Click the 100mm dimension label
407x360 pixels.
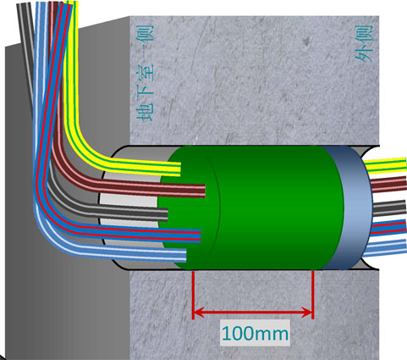coord(255,334)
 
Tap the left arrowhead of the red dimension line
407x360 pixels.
coord(199,312)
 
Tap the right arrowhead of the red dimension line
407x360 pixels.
coord(306,312)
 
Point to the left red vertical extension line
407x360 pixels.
coord(193,295)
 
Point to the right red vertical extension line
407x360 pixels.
coord(313,295)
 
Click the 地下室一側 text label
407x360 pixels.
coord(146,73)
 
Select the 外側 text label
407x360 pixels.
coord(364,43)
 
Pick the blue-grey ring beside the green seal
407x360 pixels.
coord(353,208)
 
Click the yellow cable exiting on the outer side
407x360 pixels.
coord(385,166)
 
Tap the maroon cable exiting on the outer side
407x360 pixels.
coord(388,184)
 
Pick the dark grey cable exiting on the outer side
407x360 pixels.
coord(390,208)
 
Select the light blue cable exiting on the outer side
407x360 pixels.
coord(385,247)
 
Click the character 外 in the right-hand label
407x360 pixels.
coord(364,53)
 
